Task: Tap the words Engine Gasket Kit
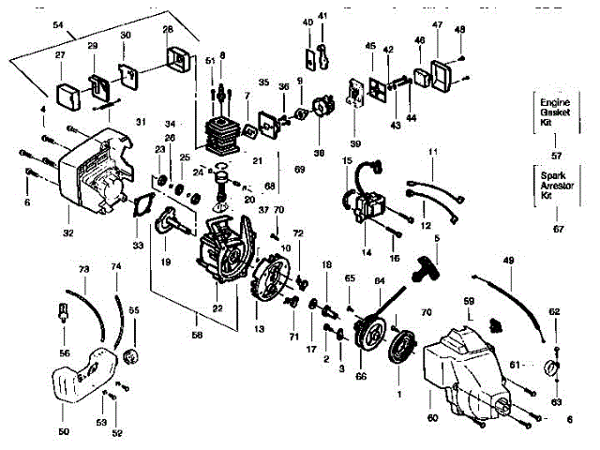click(550, 110)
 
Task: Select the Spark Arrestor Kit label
click(550, 185)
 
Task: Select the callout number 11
click(432, 151)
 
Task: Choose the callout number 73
click(83, 270)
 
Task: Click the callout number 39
click(354, 142)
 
